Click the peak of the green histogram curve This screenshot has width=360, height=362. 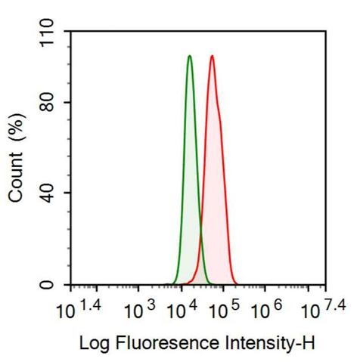[189, 56]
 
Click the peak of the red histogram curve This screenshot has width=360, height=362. [213, 56]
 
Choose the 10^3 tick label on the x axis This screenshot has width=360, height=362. [138, 309]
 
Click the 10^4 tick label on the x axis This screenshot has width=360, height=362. [182, 309]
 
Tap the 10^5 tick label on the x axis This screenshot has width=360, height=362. [224, 309]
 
